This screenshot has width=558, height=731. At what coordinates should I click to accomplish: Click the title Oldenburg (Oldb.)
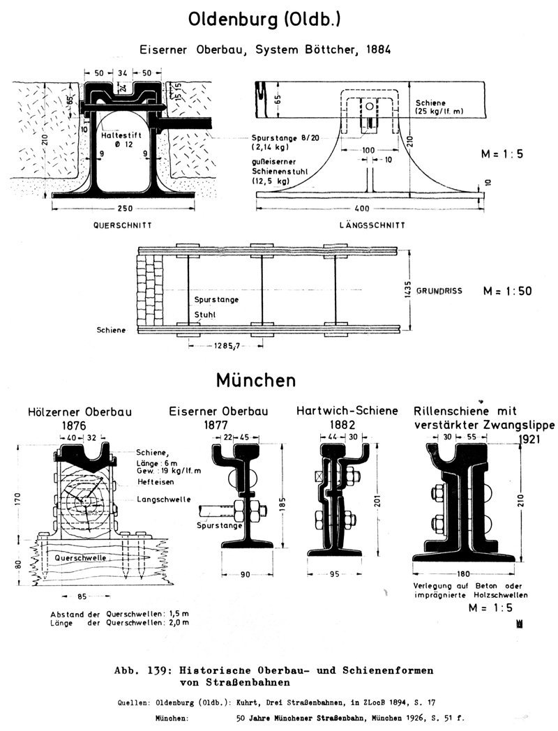click(x=264, y=22)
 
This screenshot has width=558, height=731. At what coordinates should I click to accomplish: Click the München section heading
click(x=255, y=380)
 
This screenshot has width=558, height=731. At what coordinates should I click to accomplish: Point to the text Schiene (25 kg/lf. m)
click(x=438, y=107)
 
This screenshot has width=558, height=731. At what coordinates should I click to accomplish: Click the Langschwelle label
click(x=158, y=499)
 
